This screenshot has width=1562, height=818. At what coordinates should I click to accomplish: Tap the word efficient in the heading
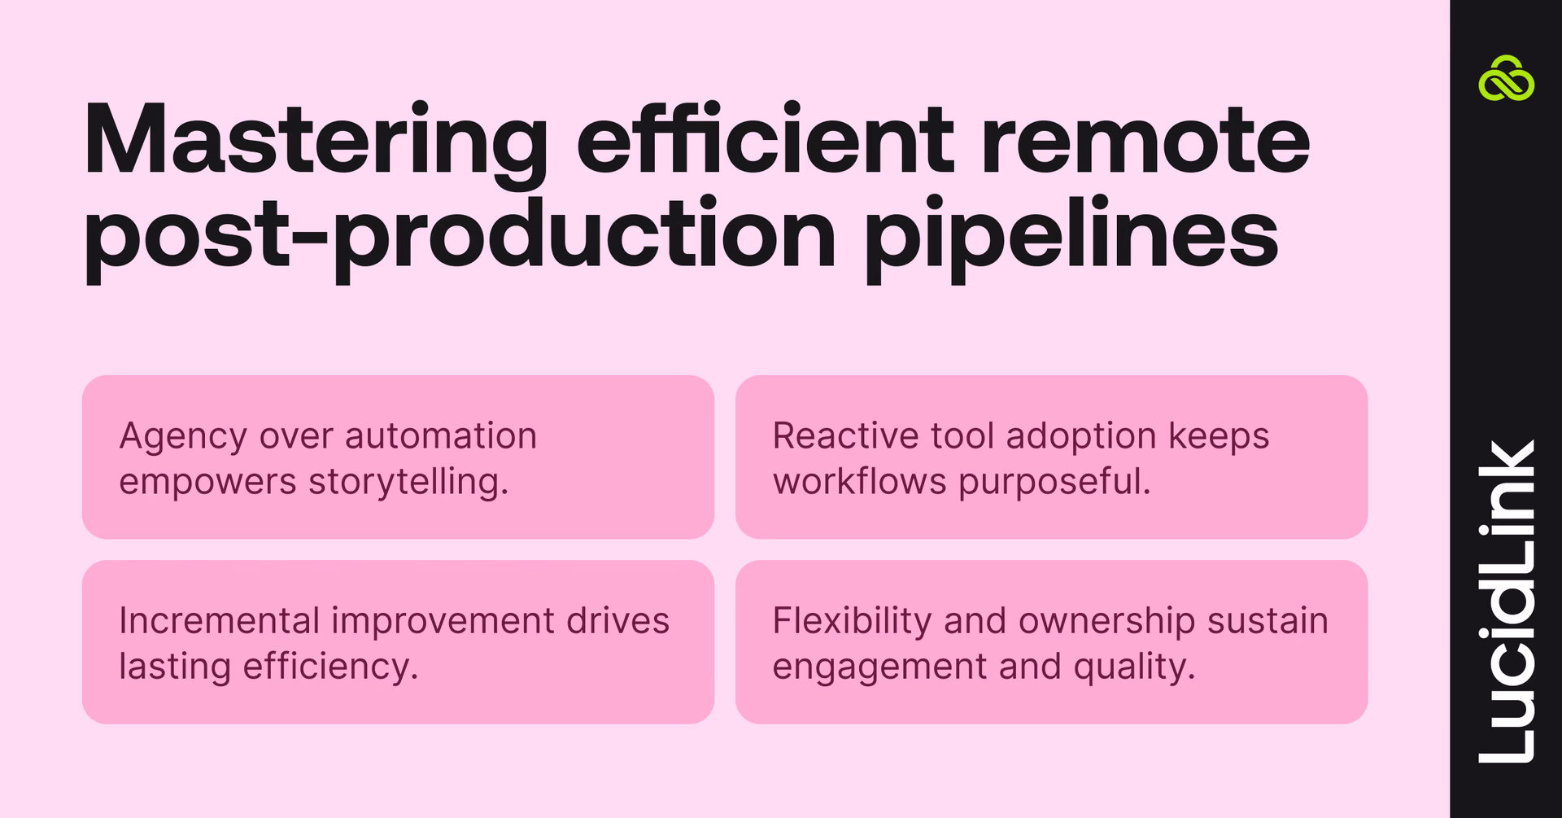click(x=765, y=138)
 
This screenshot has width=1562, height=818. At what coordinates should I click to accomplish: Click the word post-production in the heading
click(x=460, y=236)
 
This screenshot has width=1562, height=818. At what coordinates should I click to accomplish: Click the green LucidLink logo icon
click(x=1506, y=79)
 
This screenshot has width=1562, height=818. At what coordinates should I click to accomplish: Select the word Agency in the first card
click(x=182, y=437)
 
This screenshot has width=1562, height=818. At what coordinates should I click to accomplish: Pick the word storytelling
click(x=408, y=482)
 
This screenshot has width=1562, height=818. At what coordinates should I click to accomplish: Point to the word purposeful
click(x=1054, y=482)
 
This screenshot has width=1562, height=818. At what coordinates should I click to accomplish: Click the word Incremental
click(x=219, y=621)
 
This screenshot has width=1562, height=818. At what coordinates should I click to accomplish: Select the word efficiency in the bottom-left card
click(x=330, y=667)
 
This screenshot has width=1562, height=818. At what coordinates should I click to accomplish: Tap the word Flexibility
click(x=851, y=622)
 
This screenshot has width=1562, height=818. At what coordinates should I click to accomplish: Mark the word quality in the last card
click(x=1134, y=667)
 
